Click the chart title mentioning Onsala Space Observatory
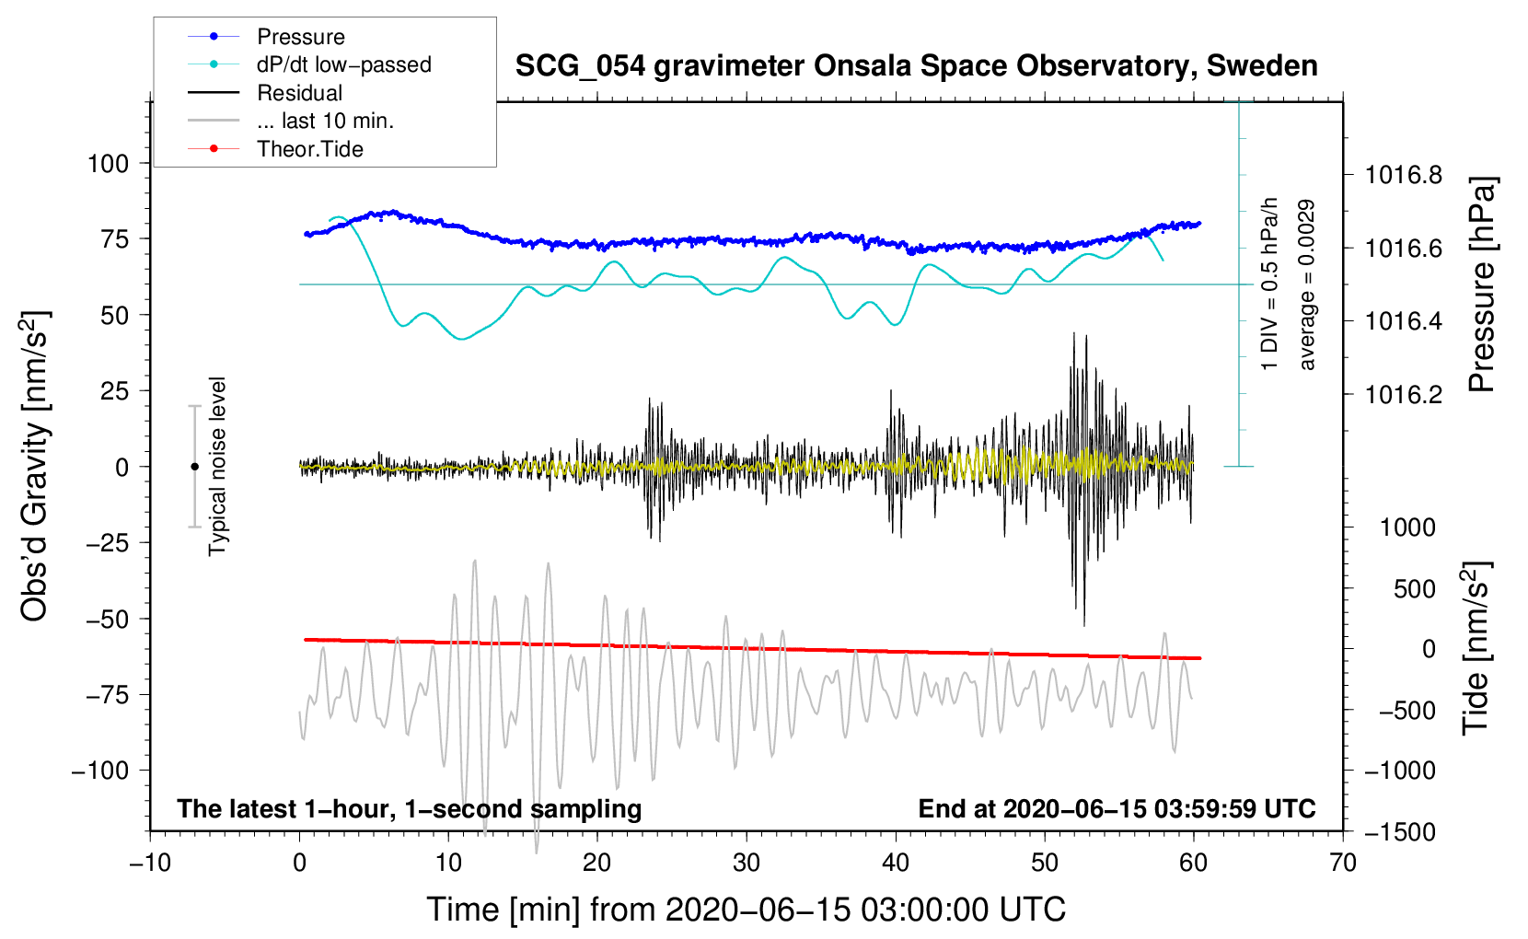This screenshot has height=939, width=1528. point(916,66)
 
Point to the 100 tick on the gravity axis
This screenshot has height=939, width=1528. point(108,164)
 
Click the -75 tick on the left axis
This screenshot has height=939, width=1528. point(108,695)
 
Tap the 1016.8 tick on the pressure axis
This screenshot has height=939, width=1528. point(1404,175)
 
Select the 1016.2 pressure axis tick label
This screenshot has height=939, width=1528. point(1404,395)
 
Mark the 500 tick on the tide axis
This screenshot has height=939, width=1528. point(1415,589)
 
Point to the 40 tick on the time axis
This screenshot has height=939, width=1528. point(896,864)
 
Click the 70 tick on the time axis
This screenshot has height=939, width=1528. point(1343,864)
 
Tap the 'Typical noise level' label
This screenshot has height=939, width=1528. point(217,466)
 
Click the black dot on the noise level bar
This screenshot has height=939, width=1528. point(194,467)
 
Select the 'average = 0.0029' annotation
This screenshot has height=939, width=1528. point(1306,285)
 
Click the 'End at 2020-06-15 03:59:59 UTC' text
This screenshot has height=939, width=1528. point(1117,809)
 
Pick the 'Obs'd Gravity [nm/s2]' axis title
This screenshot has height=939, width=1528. point(35,466)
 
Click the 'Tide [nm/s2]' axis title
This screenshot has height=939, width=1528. point(1475,649)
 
